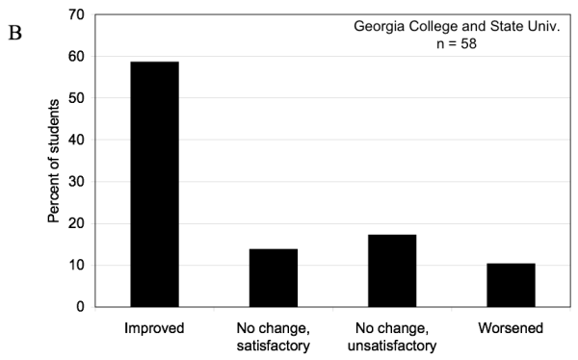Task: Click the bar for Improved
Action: coord(154,184)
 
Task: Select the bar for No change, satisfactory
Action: coord(273,277)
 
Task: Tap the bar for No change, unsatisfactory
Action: coord(392,270)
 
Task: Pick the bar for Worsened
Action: coord(511,285)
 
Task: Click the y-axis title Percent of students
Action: coord(54,161)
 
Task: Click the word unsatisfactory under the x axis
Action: coord(392,346)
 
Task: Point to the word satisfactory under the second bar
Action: coord(273,346)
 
